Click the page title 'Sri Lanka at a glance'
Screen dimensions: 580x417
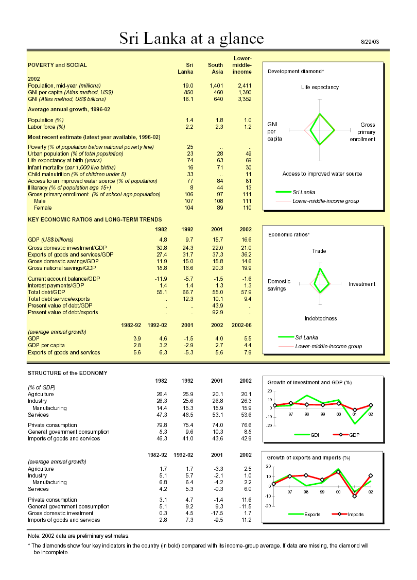point(192,39)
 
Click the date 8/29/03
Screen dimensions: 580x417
point(370,42)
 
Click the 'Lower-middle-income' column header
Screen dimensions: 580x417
point(242,65)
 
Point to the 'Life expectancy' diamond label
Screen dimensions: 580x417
point(320,87)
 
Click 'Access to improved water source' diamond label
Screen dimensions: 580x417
point(322,174)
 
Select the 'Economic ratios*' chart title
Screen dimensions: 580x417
point(289,234)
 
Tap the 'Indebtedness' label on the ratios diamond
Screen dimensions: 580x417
point(320,318)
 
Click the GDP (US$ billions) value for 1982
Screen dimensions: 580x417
point(163,240)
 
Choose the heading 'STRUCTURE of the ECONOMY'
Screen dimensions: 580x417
point(67,372)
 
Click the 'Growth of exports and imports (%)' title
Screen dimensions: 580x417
point(308,457)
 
